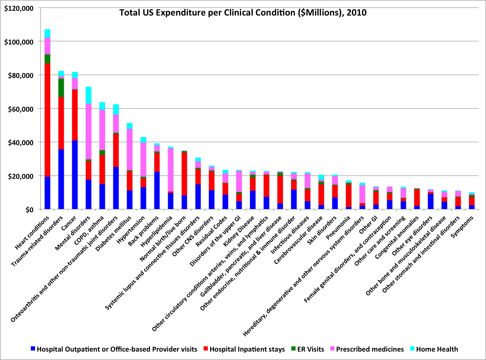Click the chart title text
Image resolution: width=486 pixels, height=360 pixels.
click(x=243, y=13)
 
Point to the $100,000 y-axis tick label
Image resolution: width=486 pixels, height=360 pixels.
click(x=19, y=42)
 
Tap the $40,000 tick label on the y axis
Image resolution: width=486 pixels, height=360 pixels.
click(x=19, y=142)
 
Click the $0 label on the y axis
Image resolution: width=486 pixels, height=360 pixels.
click(x=30, y=210)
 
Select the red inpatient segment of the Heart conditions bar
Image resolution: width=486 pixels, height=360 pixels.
click(x=47, y=120)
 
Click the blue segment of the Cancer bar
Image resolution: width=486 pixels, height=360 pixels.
click(x=75, y=175)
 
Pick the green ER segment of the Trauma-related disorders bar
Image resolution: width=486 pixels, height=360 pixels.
click(x=61, y=88)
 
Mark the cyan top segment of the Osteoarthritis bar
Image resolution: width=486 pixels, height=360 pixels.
click(x=116, y=110)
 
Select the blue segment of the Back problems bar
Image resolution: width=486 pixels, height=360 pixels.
click(x=157, y=190)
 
